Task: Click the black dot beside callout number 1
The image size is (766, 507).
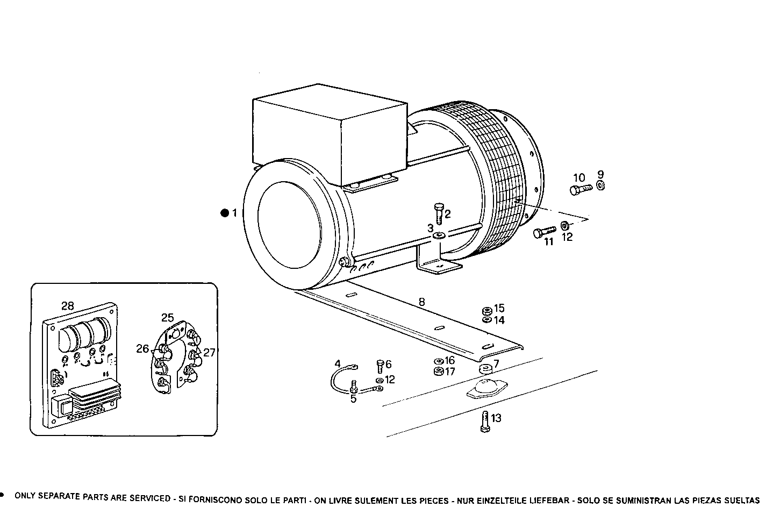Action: [x=224, y=213]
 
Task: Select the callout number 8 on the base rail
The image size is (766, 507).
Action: [x=421, y=302]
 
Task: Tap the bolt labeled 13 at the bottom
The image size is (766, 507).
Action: [x=484, y=420]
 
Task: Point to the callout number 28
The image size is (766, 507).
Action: [x=67, y=306]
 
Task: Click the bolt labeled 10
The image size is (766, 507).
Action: [x=579, y=189]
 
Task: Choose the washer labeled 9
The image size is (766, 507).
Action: [x=600, y=186]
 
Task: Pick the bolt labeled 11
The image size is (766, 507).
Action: [x=543, y=232]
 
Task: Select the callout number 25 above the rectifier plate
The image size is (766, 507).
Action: [x=168, y=317]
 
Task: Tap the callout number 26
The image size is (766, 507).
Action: [x=142, y=348]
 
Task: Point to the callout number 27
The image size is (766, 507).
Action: [x=209, y=353]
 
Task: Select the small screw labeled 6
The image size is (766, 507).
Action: [x=380, y=367]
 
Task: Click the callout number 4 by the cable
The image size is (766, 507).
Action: [x=338, y=364]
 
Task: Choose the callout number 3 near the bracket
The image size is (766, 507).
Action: [x=430, y=228]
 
